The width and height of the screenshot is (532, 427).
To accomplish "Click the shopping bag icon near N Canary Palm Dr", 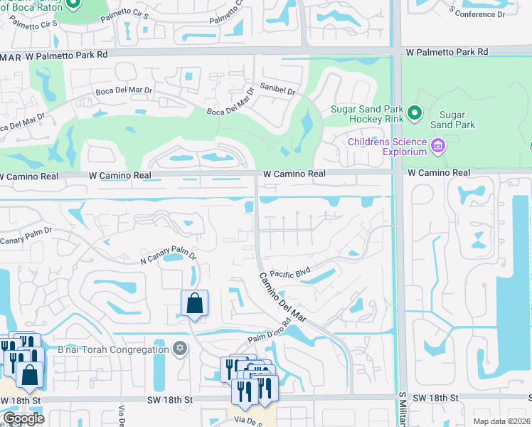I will click(x=194, y=304).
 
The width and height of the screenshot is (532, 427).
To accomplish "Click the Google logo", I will click(x=23, y=418).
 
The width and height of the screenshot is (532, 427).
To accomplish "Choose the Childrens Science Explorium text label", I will click(x=387, y=147).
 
